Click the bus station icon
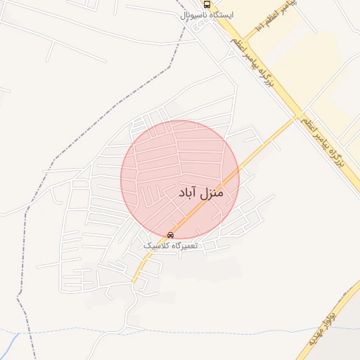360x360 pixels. pyautogui.click(x=206, y=4)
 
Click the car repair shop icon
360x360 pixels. pyautogui.click(x=170, y=235)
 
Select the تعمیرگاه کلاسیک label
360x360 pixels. pyautogui.click(x=171, y=246)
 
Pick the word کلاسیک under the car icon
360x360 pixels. pyautogui.click(x=156, y=246)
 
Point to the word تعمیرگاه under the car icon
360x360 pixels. pyautogui.click(x=185, y=246)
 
